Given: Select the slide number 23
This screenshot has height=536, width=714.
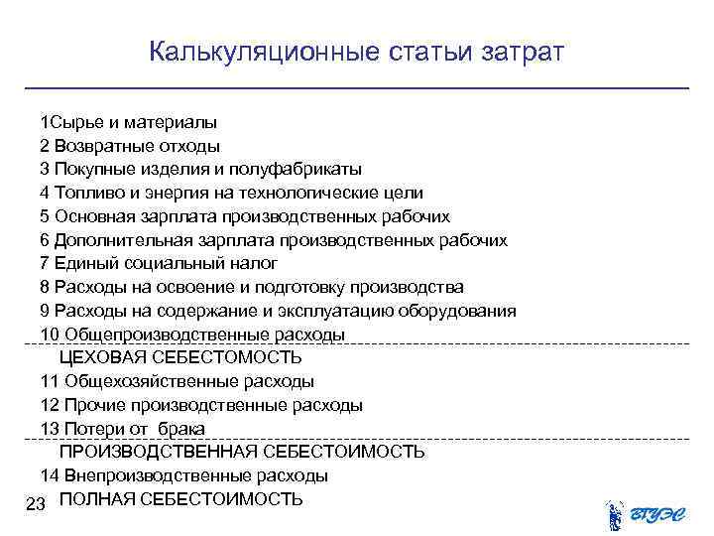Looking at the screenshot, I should click(x=37, y=505).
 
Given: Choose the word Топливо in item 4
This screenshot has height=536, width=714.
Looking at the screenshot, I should click(x=86, y=193).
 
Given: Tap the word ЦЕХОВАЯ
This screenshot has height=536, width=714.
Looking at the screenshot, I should click(x=103, y=357).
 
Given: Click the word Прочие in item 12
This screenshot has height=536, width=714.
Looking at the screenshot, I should click(x=90, y=405).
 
